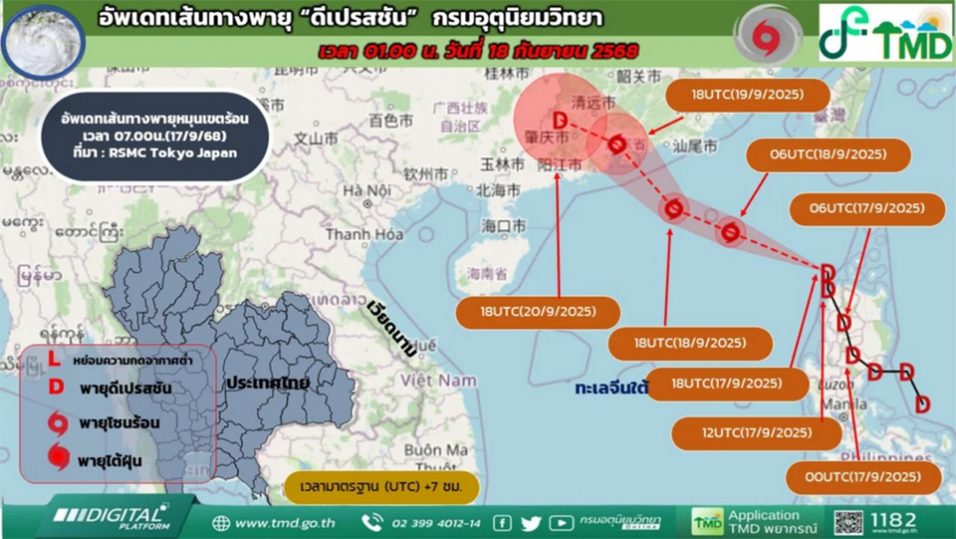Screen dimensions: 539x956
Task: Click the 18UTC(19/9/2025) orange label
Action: pyautogui.click(x=747, y=97)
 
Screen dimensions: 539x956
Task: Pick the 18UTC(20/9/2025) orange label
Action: pyautogui.click(x=538, y=312)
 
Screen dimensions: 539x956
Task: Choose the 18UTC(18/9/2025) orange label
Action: pyautogui.click(x=691, y=343)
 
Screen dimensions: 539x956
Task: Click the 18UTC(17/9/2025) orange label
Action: pyautogui.click(x=726, y=383)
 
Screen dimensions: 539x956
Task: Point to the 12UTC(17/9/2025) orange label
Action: pyautogui.click(x=756, y=432)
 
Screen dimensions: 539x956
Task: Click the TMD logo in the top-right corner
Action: pyautogui.click(x=885, y=34)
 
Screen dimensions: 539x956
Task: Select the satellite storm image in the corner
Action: pyautogui.click(x=43, y=35)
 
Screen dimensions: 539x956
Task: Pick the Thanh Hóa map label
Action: pyautogui.click(x=363, y=234)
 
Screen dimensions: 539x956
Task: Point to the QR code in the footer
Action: pyautogui.click(x=847, y=522)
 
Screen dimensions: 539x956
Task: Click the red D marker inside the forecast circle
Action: pyautogui.click(x=560, y=122)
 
